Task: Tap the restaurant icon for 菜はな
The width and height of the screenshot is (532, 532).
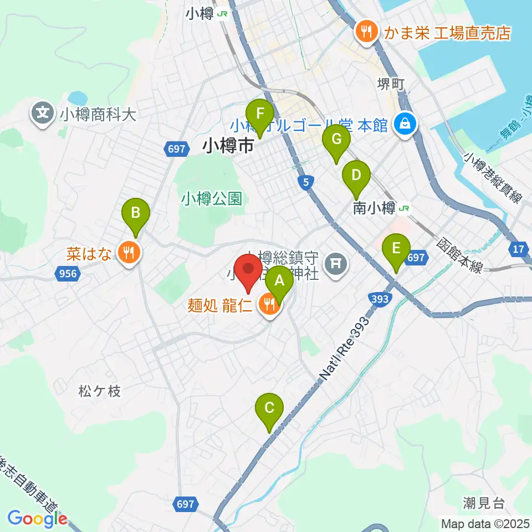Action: (x=130, y=254)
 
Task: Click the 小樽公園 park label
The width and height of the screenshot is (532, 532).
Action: (x=212, y=199)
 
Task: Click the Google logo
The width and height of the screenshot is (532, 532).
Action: (x=38, y=519)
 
